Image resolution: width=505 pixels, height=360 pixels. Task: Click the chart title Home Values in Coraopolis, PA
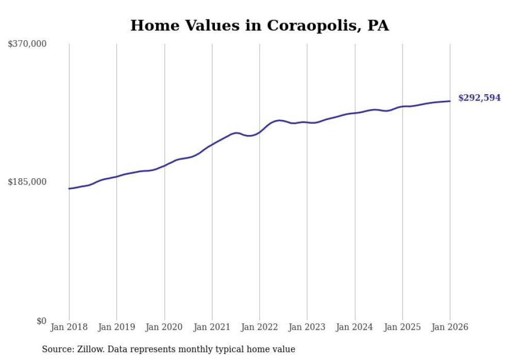coord(259,25)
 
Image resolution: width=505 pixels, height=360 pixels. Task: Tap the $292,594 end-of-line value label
coord(479,98)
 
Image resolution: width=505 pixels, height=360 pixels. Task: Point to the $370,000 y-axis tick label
coord(27,44)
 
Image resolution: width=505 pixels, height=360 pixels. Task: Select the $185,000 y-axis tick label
coord(27,182)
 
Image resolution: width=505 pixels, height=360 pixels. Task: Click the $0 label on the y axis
coord(41,321)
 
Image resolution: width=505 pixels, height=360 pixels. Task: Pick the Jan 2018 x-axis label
coord(69,327)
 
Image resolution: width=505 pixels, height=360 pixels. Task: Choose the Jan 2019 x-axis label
coord(116,327)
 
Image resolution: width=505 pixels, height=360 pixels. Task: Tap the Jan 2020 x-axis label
coord(164,327)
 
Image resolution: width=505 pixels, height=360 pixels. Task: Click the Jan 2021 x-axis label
coord(212,327)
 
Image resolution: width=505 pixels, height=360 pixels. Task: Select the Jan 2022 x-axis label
coord(260,327)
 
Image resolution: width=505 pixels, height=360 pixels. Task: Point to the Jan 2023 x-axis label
coord(307,327)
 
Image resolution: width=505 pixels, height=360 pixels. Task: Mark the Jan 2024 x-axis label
coord(355,327)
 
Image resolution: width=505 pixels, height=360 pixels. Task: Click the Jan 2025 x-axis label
coord(402,327)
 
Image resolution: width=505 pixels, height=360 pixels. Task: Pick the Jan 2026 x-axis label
coord(450,327)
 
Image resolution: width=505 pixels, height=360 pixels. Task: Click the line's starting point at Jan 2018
coord(69,188)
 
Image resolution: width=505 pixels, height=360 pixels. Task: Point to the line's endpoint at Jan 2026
coord(450,101)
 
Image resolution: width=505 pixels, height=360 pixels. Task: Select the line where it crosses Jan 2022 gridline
coord(260,132)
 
